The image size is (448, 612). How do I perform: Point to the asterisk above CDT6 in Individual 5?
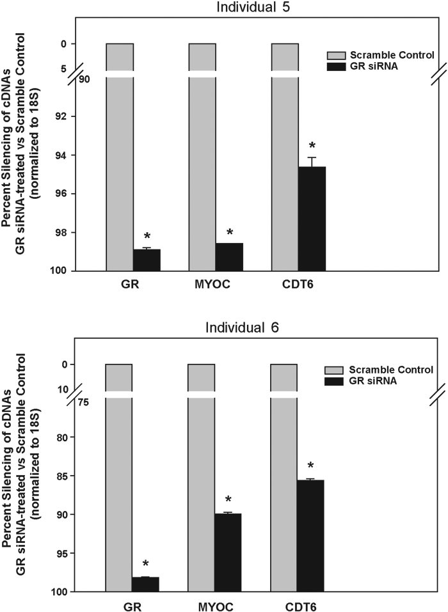click(312, 146)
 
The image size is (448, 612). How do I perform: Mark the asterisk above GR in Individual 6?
click(146, 564)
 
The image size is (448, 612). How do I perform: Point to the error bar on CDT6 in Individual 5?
click(312, 161)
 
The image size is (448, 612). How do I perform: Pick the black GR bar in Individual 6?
click(145, 585)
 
